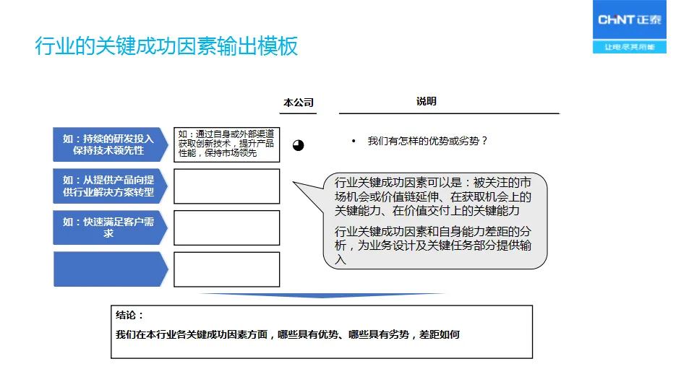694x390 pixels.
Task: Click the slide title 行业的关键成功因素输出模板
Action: click(x=166, y=47)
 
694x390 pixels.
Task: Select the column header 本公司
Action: click(x=299, y=103)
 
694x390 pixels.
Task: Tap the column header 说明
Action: click(x=427, y=102)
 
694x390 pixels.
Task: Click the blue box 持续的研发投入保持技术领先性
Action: click(x=109, y=144)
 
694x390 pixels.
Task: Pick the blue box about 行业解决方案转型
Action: click(x=109, y=186)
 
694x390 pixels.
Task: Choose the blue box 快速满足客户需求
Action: click(x=109, y=227)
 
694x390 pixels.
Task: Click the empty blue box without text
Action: click(x=109, y=269)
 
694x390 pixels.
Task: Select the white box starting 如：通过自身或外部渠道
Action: click(x=226, y=144)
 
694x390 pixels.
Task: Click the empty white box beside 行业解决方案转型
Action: click(x=226, y=186)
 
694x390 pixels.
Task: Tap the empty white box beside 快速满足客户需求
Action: click(x=226, y=227)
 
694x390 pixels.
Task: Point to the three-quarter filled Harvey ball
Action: click(x=299, y=145)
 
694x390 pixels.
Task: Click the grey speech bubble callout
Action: click(x=434, y=220)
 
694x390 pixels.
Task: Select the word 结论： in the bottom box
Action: click(x=130, y=316)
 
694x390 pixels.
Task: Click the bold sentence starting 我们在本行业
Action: click(x=288, y=334)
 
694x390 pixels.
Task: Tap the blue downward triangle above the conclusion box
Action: click(x=322, y=295)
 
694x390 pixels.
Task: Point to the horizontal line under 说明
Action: click(x=449, y=113)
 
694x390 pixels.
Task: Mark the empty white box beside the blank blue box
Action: click(x=226, y=269)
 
